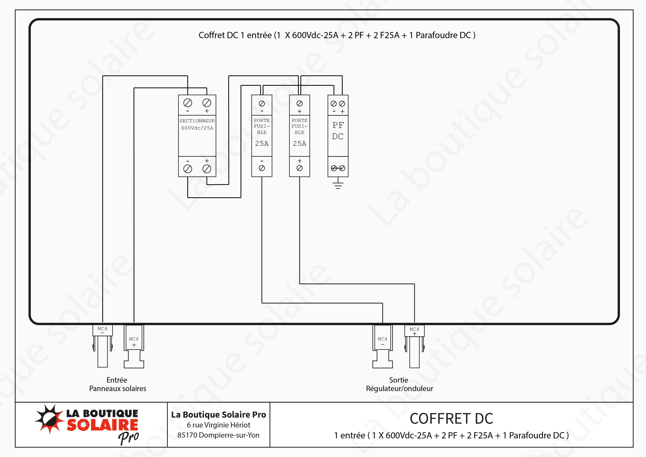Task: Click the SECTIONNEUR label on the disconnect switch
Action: pos(197,121)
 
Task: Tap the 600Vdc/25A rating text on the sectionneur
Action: pos(197,128)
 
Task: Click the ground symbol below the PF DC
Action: pos(338,185)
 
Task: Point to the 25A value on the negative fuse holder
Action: pos(262,144)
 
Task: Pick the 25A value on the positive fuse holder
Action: pos(299,144)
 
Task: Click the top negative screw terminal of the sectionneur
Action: pos(188,103)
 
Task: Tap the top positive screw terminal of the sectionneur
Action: pos(207,103)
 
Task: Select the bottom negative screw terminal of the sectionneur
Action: pos(188,169)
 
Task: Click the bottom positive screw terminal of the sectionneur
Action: pos(207,169)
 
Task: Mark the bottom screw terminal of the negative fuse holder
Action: pos(262,168)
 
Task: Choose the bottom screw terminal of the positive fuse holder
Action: pos(299,168)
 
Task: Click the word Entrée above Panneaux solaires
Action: pos(117,380)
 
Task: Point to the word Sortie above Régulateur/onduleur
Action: pos(398,380)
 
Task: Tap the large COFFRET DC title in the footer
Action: pos(451,419)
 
